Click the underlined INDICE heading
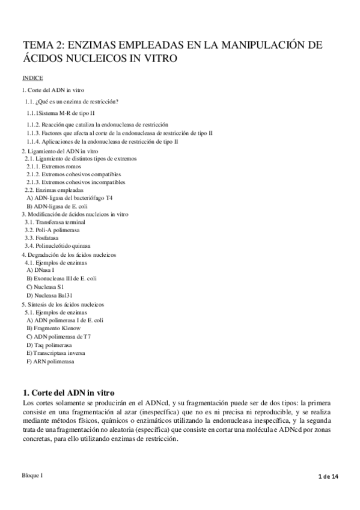(x=32, y=78)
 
